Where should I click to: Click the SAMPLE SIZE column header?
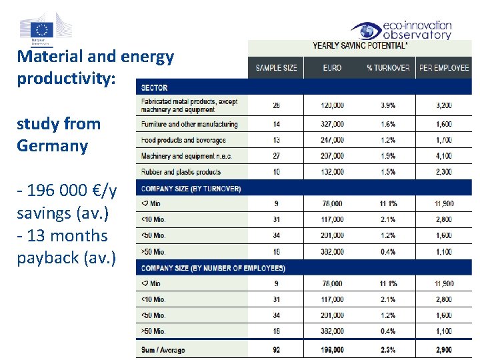click(276, 68)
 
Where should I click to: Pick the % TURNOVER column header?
click(388, 68)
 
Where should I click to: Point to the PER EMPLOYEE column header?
click(444, 68)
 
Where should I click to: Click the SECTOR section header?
click(154, 87)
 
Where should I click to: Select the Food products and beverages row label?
click(183, 140)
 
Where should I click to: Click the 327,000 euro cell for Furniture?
click(332, 124)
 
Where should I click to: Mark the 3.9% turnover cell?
click(387, 105)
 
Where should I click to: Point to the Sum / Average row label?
click(163, 350)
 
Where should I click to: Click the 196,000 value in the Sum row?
click(332, 350)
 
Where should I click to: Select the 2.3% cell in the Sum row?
click(387, 350)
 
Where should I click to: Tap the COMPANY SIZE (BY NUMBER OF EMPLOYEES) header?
click(213, 268)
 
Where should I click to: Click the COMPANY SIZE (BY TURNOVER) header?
click(191, 189)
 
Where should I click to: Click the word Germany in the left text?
click(52, 145)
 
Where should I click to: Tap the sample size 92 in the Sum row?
click(276, 350)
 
